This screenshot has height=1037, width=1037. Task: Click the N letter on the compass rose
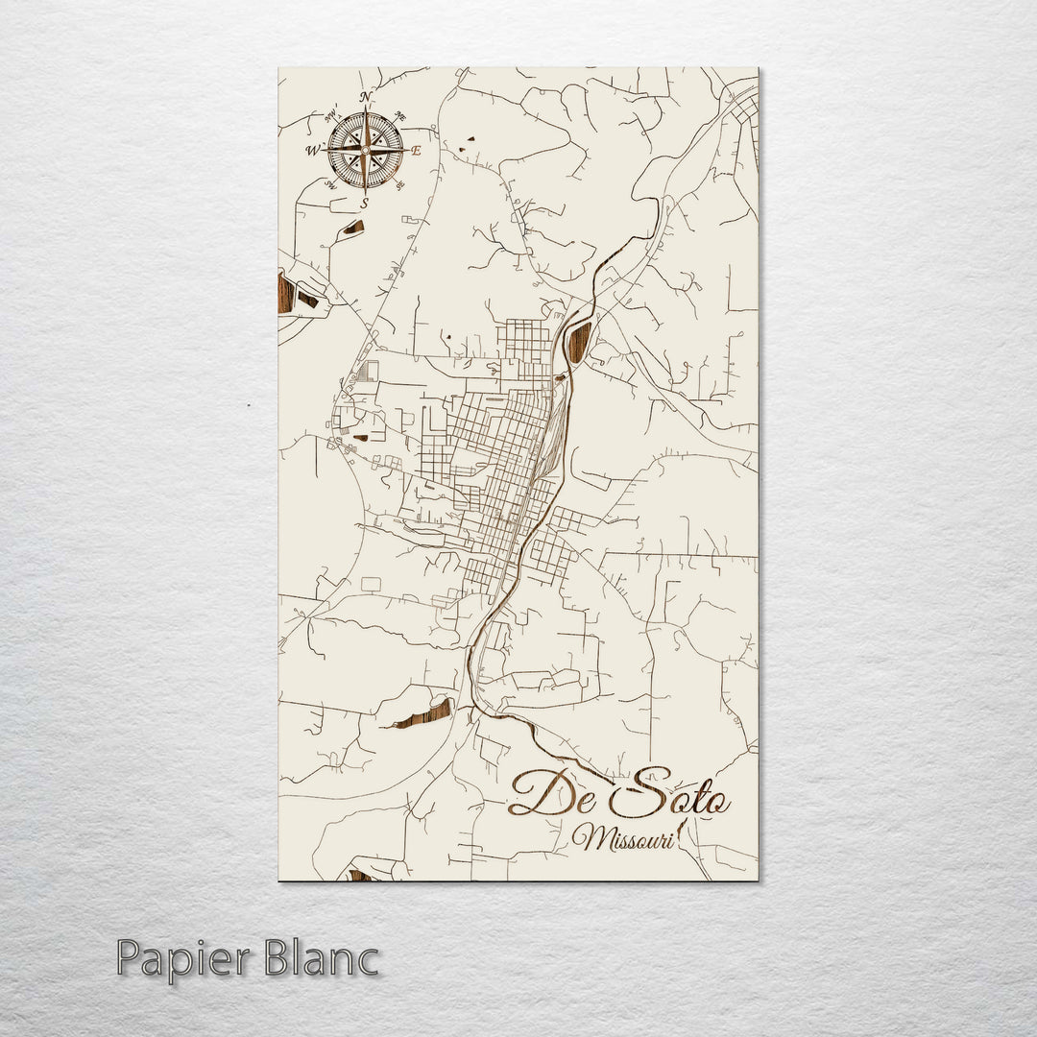click(x=365, y=97)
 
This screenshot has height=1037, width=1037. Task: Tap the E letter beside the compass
click(x=417, y=151)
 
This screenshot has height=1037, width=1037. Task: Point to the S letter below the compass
click(x=365, y=204)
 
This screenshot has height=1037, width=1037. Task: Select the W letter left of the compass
click(x=312, y=151)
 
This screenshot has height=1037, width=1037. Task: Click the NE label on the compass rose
click(x=401, y=117)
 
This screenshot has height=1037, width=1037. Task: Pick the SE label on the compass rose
click(x=399, y=183)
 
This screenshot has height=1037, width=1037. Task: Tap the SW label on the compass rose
click(x=331, y=184)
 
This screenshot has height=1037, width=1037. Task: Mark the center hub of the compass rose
click(x=365, y=150)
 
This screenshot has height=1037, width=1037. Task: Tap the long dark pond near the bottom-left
click(x=422, y=713)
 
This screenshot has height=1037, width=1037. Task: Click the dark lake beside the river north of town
click(x=579, y=342)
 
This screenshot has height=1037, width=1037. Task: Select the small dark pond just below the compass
click(x=353, y=228)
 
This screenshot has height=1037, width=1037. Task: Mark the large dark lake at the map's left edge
click(x=285, y=293)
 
